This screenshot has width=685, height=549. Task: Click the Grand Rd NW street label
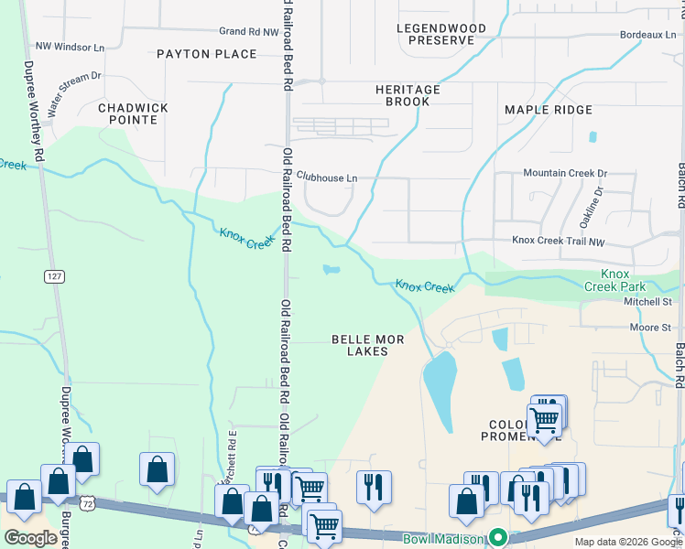coord(247,31)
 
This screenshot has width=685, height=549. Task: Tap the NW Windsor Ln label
coord(69,46)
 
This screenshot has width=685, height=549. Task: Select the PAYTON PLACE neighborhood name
coord(206,54)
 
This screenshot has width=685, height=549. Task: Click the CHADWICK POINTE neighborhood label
coord(133,113)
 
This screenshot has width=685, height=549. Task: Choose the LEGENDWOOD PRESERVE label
coord(441,35)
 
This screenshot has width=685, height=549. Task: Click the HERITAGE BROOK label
coord(408,96)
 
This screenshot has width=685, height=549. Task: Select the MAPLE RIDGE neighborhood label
coord(549,110)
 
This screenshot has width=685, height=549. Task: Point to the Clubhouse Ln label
coord(327,178)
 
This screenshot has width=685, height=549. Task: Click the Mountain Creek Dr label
coord(564,173)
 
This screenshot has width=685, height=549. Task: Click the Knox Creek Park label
coord(628,280)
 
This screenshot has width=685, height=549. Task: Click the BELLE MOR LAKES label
coord(367,345)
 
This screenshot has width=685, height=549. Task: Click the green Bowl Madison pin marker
coord(498,537)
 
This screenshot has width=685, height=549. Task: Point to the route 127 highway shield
coord(55,275)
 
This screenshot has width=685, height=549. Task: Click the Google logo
coord(30,538)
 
